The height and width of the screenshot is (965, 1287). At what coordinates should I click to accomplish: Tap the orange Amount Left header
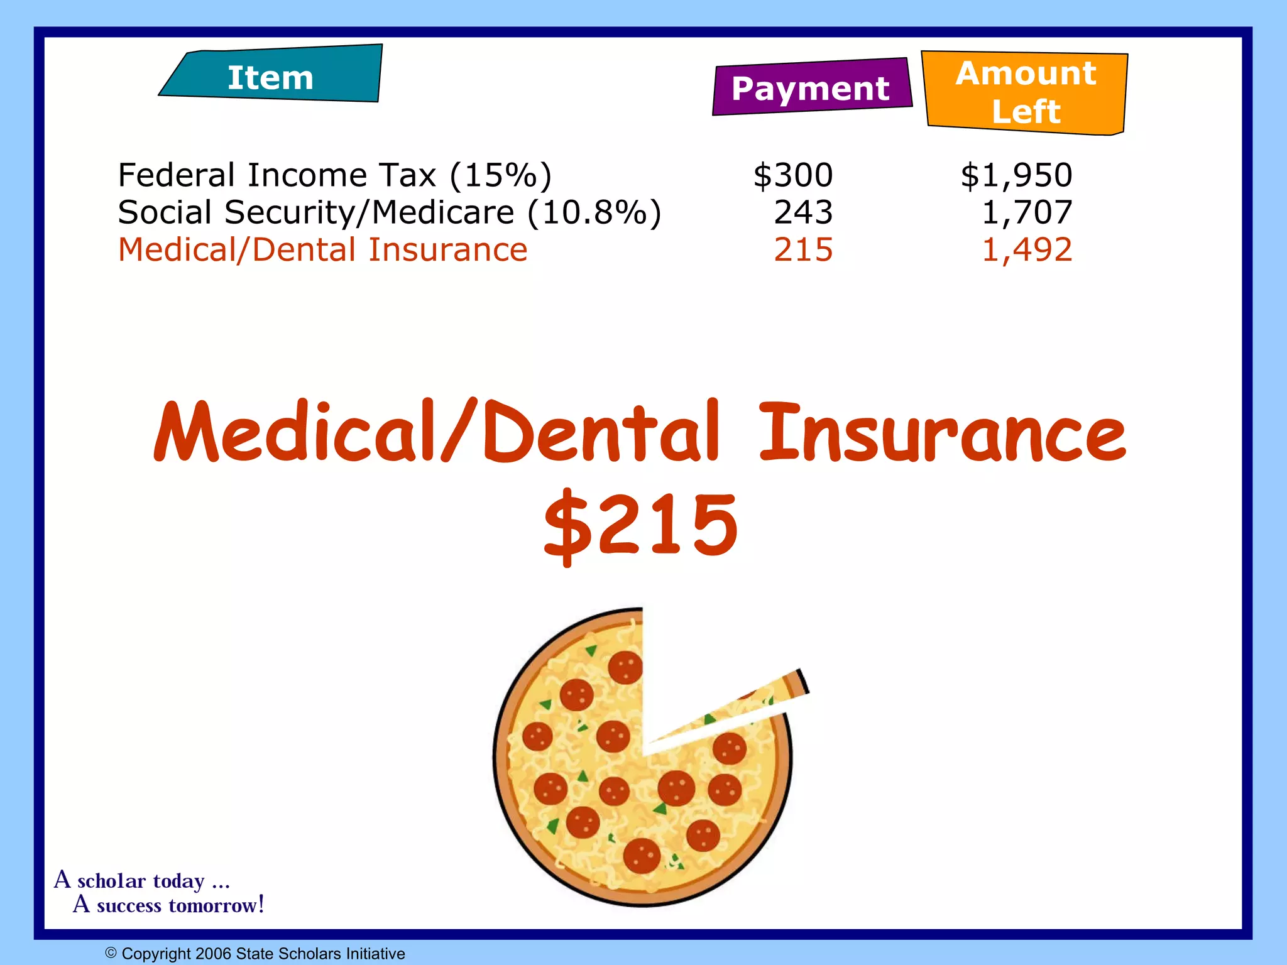pos(1026,92)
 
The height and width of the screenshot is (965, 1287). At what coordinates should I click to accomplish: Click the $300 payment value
pos(793,175)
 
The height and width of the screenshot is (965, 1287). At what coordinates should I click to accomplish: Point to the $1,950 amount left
pos(1016,175)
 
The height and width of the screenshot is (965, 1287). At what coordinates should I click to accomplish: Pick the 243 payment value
pos(803,212)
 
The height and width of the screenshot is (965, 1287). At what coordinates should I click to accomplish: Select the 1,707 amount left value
pos(1027,212)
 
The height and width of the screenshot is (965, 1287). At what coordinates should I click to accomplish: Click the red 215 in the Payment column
pos(803,250)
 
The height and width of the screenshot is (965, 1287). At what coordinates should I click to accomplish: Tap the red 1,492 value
pos(1027,250)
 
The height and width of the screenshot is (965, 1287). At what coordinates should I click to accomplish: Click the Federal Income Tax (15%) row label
pos(334,175)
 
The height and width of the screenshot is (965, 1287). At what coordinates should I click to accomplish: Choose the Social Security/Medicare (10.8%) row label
pos(390,212)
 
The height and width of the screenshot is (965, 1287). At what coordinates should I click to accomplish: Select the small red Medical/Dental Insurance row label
pos(322,250)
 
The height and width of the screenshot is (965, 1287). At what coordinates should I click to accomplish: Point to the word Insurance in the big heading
pos(943,432)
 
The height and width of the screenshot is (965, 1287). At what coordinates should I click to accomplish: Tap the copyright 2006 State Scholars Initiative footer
pos(255,954)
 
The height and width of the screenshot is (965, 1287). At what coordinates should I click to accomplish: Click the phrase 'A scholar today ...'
pos(142,880)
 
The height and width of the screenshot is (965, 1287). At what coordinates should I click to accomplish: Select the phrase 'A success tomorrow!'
pos(168,905)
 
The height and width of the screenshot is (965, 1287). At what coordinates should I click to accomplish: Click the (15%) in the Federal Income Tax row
pos(500,175)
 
